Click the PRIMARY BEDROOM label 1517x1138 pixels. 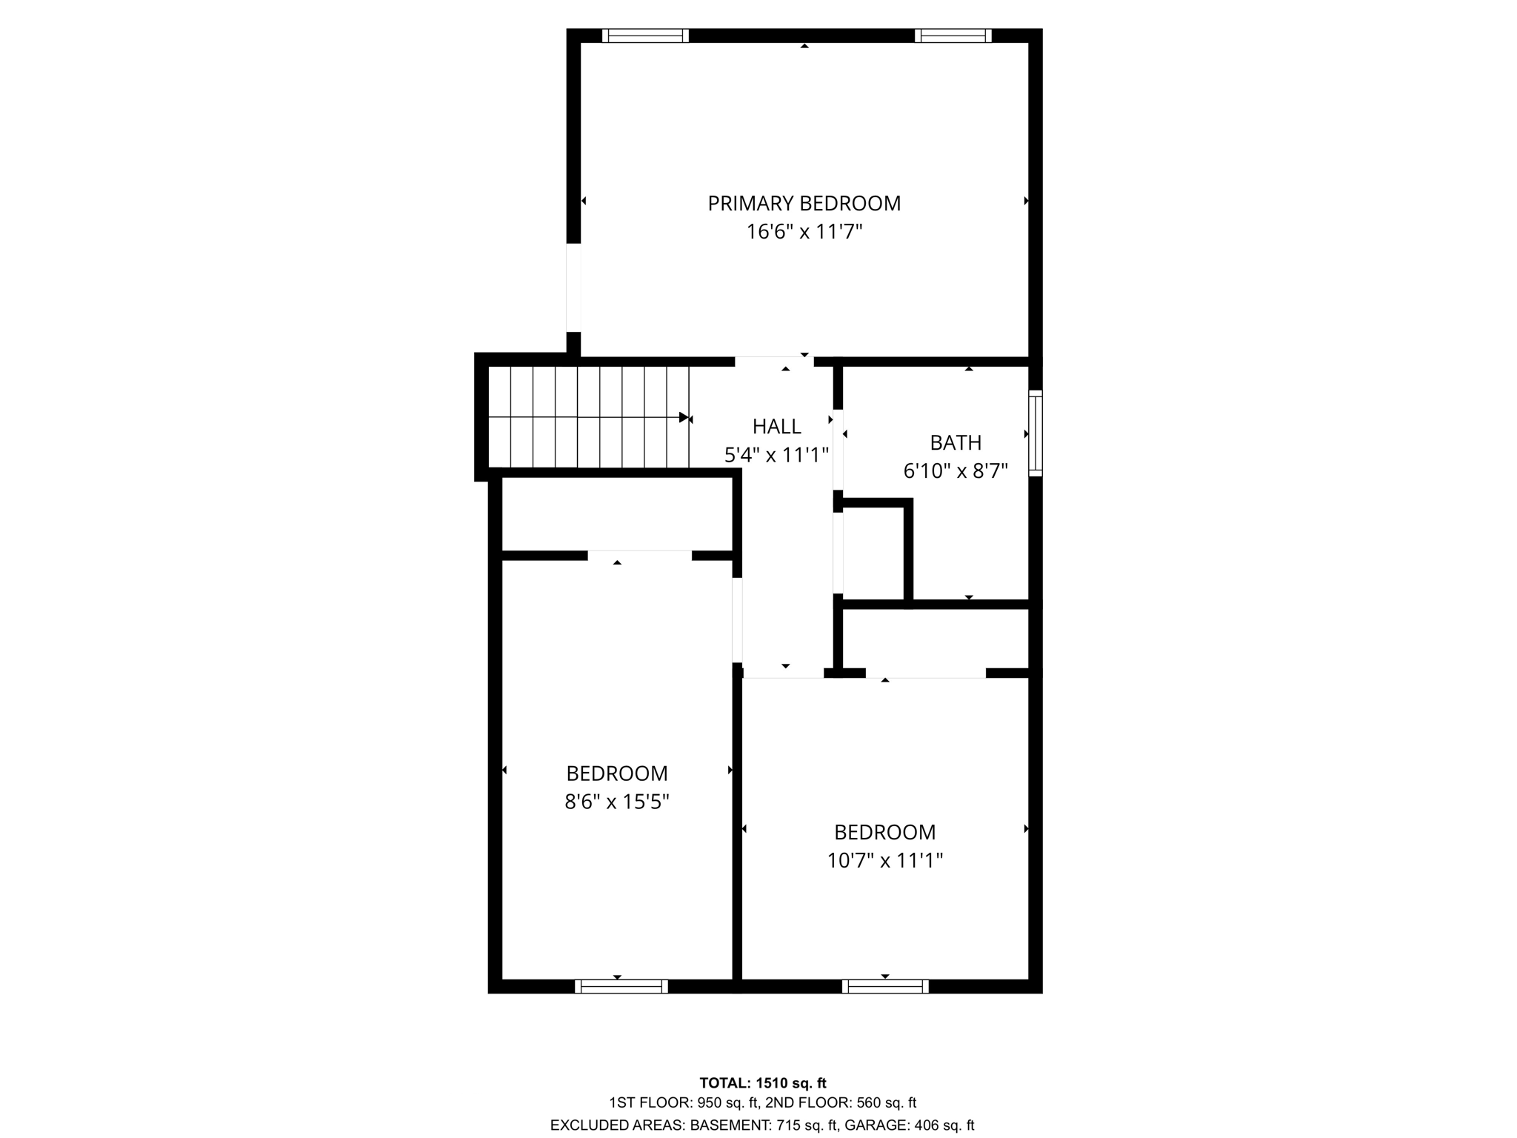coord(804,203)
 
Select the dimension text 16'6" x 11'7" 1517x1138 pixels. coord(804,232)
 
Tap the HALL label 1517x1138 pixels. coord(776,426)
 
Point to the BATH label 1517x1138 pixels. coord(956,442)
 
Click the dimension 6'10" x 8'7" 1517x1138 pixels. coord(956,470)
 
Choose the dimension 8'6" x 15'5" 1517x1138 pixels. coord(617,802)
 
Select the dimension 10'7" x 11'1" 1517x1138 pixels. coord(884,860)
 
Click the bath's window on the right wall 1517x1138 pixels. coord(1036,433)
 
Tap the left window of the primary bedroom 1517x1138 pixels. coord(645,36)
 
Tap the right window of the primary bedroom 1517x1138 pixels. coord(953,36)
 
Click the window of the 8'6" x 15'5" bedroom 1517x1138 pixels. coord(621,986)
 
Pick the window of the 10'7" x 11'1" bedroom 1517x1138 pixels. coord(885,986)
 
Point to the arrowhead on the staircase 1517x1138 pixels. coord(684,417)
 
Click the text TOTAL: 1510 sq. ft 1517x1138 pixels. coord(762,1083)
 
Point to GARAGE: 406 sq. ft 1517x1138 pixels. coord(909,1125)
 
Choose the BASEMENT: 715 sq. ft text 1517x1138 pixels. coord(764,1125)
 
